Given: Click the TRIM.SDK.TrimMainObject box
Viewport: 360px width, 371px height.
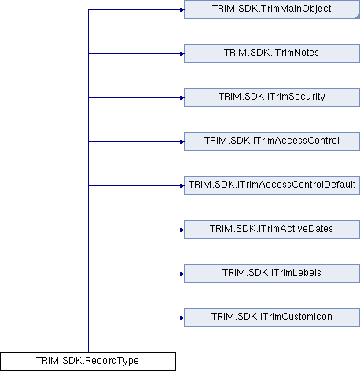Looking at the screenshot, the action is tap(272, 9).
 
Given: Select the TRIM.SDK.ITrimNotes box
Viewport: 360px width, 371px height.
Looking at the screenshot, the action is tap(272, 53).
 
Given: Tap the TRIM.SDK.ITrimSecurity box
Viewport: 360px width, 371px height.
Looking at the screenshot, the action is tap(272, 97).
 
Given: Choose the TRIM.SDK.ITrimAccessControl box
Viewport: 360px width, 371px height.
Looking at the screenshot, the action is tap(272, 141).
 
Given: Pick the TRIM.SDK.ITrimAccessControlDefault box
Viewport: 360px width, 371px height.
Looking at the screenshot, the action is tap(272, 185).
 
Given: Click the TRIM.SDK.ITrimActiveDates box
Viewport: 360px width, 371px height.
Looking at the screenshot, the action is tap(272, 230).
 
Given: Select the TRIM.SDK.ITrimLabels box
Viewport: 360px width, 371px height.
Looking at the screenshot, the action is tap(272, 274).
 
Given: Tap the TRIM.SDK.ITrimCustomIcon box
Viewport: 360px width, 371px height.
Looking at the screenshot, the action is tap(272, 318).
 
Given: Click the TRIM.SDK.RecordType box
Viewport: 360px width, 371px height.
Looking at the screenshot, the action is tap(88, 362).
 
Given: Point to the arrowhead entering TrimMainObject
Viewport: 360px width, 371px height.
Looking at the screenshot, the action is tap(182, 10).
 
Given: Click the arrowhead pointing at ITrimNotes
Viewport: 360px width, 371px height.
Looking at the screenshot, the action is tap(182, 54).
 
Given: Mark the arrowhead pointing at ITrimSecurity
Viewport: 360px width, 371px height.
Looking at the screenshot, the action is tap(182, 98).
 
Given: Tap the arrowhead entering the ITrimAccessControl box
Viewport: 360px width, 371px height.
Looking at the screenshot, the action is tap(182, 142).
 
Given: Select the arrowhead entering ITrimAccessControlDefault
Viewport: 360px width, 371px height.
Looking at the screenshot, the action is tap(182, 186).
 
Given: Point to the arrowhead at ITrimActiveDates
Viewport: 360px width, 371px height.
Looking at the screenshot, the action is tap(182, 230).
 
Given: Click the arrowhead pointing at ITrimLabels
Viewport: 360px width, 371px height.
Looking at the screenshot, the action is tap(182, 274).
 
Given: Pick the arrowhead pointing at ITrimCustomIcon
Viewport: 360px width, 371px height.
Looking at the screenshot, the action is tap(182, 318).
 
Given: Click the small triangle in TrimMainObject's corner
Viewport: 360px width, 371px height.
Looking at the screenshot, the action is tap(358, 17).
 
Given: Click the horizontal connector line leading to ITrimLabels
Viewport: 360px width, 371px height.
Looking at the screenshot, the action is tap(136, 274).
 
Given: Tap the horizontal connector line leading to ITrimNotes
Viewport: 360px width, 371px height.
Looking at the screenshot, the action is tap(136, 54).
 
